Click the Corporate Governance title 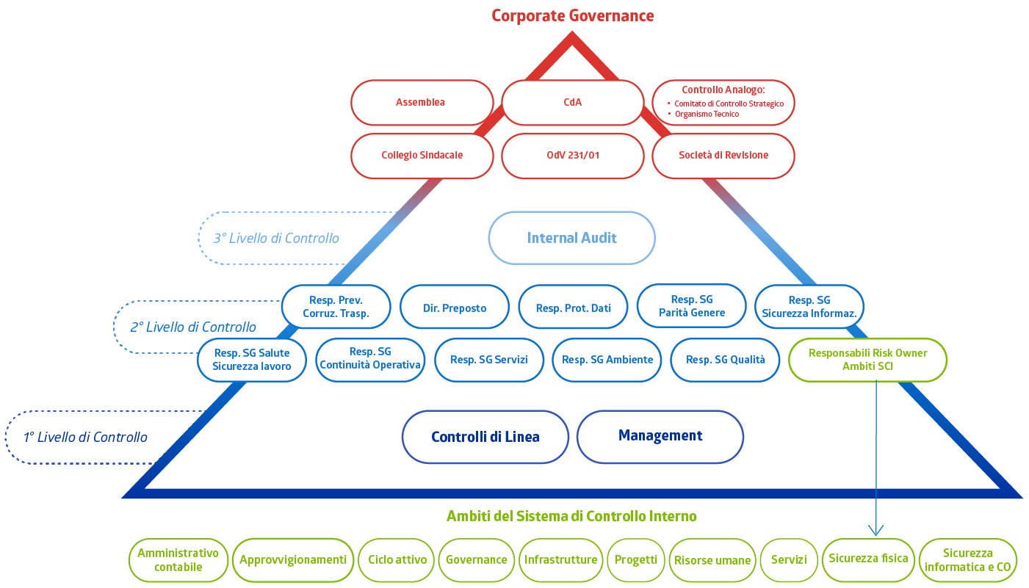572,15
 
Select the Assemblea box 421,102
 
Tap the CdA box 572,102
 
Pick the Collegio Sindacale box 421,155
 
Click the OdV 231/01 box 572,155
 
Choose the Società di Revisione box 723,155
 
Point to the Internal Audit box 571,238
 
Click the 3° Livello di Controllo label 276,238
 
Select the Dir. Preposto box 454,308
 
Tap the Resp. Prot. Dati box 573,308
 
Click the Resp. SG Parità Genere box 691,306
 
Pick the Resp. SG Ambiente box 607,360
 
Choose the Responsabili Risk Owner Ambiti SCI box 867,360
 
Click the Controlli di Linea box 485,437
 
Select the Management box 660,436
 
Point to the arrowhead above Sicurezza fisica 875,530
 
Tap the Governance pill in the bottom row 476,559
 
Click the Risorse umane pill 712,560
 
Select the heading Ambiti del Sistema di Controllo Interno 571,516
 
